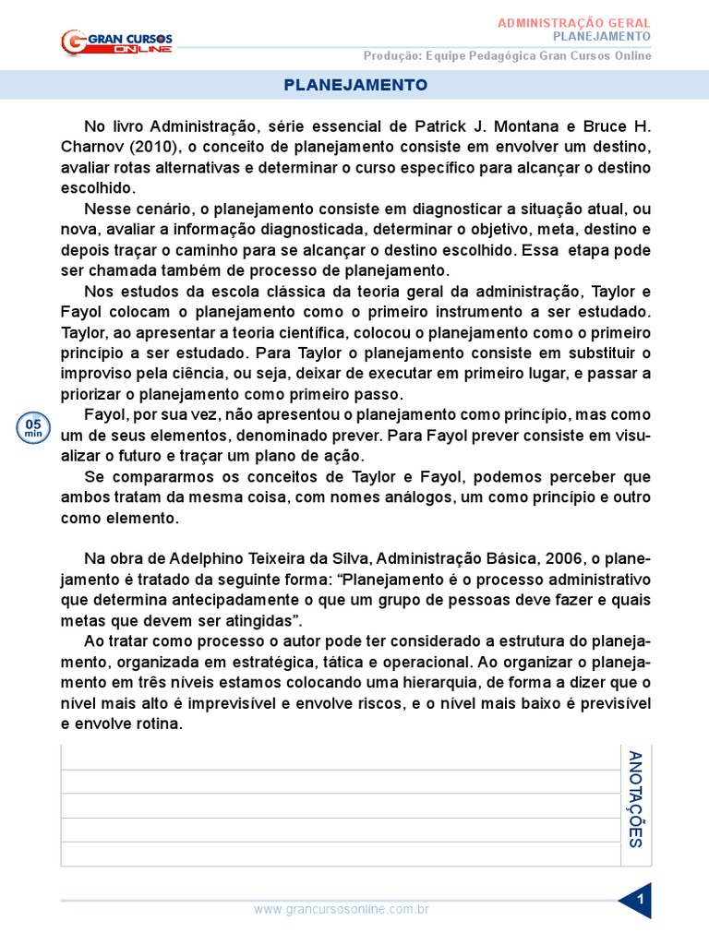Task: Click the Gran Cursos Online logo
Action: (116, 42)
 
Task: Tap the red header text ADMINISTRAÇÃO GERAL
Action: (574, 22)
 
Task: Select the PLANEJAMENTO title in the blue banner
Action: (355, 85)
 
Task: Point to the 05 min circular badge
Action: (32, 427)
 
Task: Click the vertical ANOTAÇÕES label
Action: (635, 799)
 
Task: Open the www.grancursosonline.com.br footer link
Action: (342, 909)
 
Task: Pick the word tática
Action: (344, 663)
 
